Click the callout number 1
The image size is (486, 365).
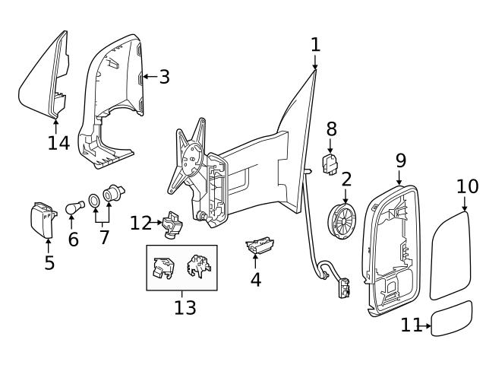click(x=315, y=46)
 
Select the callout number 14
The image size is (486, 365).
click(x=58, y=142)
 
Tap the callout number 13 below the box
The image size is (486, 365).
click(x=185, y=307)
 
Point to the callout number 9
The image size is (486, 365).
click(x=400, y=160)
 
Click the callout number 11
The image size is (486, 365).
click(x=410, y=325)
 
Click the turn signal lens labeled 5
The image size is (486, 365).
click(x=45, y=219)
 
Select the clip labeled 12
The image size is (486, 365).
click(x=172, y=225)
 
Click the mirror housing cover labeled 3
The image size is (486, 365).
click(x=114, y=99)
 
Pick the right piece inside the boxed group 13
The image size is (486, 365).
click(x=199, y=267)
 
